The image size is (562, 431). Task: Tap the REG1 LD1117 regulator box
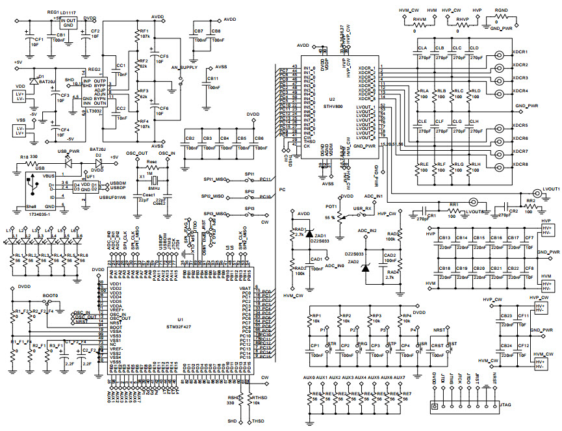[x=68, y=21]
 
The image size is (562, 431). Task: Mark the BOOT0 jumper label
[x=50, y=295]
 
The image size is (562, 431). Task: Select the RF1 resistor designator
[x=144, y=31]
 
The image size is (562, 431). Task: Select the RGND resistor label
[x=501, y=11]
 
